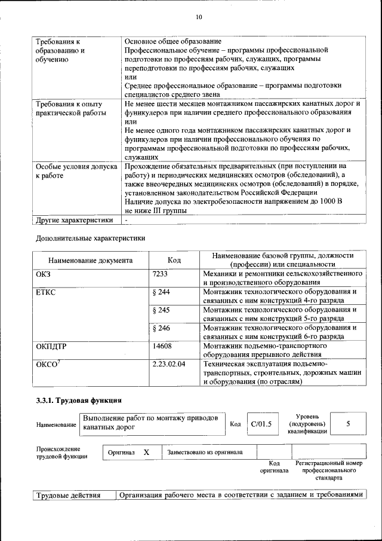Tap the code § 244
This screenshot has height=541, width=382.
click(162, 292)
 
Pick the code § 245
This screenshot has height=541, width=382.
click(162, 310)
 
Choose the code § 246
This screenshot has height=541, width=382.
click(162, 328)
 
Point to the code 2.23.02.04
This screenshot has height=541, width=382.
click(169, 363)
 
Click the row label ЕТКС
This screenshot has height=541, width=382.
click(45, 292)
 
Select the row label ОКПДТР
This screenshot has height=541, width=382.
click(51, 346)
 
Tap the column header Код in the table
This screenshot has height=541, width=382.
click(174, 260)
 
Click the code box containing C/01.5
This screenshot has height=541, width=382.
click(261, 424)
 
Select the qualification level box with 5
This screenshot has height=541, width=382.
click(347, 424)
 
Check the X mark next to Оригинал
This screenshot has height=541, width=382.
click(146, 453)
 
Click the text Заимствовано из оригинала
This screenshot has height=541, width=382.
click(205, 453)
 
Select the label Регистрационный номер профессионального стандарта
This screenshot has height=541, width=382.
click(328, 470)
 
